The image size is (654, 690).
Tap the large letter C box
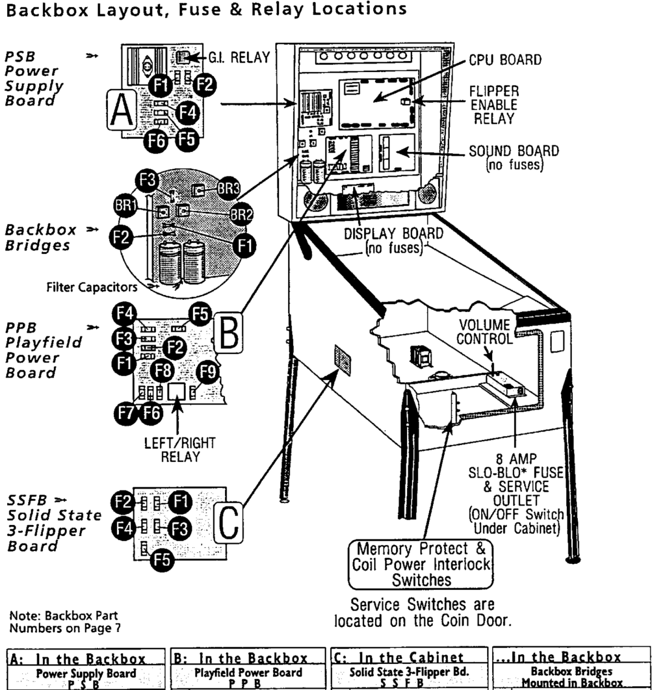(228, 522)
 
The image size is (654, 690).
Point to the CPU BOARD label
(505, 59)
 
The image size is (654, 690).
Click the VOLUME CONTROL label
(485, 332)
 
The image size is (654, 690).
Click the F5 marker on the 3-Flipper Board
(162, 559)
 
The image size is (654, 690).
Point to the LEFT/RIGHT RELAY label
(180, 449)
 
